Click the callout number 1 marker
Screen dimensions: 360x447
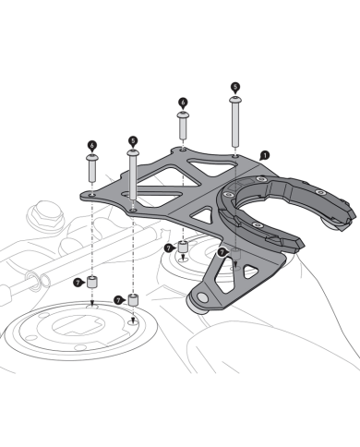point(265,155)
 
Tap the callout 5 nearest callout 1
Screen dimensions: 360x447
point(235,87)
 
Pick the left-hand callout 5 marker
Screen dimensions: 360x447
point(133,141)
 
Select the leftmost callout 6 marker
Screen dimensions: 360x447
point(92,146)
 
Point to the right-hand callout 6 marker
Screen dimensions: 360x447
point(183,103)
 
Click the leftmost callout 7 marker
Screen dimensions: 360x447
point(78,283)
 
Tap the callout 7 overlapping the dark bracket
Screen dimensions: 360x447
point(222,252)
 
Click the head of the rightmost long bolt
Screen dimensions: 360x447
point(235,100)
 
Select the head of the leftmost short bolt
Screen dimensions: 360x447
point(92,158)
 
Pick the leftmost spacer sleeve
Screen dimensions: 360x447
point(92,283)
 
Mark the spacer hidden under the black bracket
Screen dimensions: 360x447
point(235,255)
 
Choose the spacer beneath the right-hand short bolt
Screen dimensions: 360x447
point(184,247)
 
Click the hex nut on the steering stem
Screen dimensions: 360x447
point(45,212)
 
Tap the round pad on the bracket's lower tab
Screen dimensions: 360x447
point(202,297)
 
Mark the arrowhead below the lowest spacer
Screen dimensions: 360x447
point(133,320)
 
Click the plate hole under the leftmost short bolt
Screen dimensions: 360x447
point(92,195)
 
